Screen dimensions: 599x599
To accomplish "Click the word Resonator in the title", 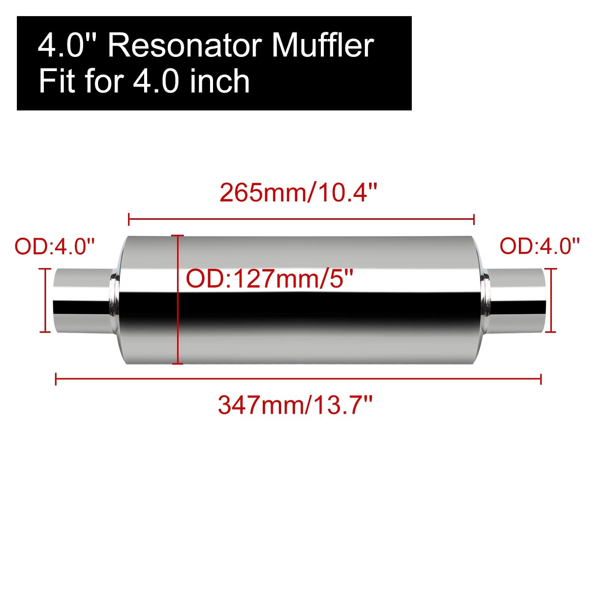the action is (x=186, y=46).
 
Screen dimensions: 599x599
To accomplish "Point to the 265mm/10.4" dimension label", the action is (x=298, y=193).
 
